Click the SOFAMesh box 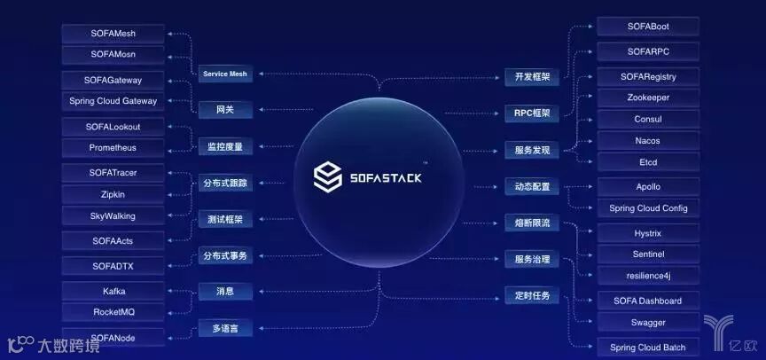[113, 34]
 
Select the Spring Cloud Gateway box [113, 101]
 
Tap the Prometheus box [113, 147]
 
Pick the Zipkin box [113, 193]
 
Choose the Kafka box [113, 291]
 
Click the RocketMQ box [113, 312]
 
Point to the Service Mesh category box [224, 74]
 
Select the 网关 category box [224, 110]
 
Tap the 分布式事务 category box [224, 256]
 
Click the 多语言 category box [224, 329]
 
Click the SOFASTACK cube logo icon [329, 176]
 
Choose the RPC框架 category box [532, 113]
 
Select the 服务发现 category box [532, 151]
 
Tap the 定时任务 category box [532, 295]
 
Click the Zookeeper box [647, 98]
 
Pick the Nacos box [647, 140]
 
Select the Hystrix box [647, 232]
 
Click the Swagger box [647, 323]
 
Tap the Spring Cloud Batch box [647, 347]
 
